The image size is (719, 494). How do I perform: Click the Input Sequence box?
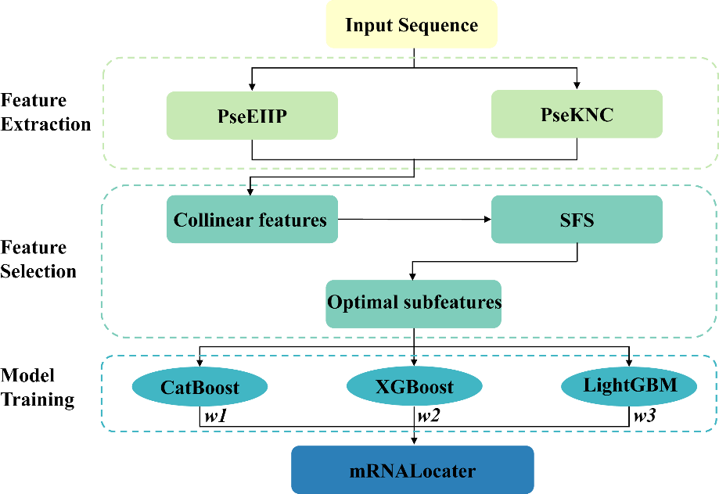click(412, 24)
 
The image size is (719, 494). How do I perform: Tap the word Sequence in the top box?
click(438, 25)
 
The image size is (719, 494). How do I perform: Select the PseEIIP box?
click(252, 116)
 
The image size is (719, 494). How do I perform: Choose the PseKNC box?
click(577, 114)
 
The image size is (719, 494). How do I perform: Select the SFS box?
click(577, 220)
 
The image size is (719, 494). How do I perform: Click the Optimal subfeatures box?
click(413, 303)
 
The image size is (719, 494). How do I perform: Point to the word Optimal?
click(359, 302)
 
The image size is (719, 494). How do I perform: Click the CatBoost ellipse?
click(200, 388)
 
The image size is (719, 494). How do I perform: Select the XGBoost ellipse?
click(415, 387)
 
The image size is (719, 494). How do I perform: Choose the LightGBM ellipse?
click(629, 386)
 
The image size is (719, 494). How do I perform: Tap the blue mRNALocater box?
click(412, 471)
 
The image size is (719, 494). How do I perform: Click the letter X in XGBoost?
click(383, 387)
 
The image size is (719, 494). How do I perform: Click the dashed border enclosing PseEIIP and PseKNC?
click(103, 113)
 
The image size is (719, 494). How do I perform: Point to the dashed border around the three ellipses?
click(101, 393)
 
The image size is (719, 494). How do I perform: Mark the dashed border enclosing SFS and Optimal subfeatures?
click(101, 262)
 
